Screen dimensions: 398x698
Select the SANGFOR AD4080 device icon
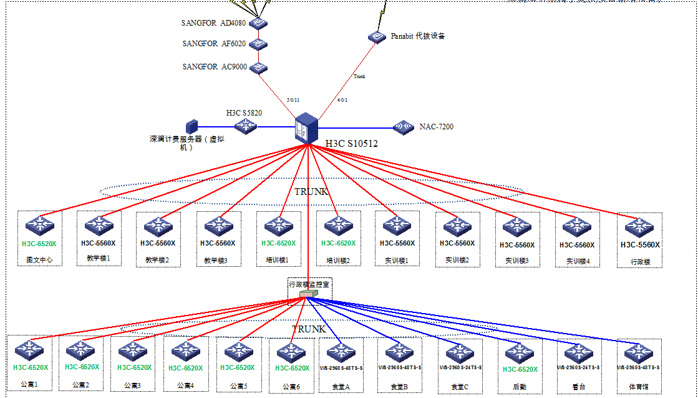[259, 24]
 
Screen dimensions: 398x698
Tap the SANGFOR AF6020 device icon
[259, 44]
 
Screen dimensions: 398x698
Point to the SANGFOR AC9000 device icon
[259, 67]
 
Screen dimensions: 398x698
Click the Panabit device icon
[377, 37]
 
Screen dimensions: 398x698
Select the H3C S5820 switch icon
[246, 126]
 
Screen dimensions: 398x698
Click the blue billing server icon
[191, 127]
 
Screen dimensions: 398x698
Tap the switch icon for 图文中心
[40, 225]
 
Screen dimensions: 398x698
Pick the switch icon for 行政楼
[639, 226]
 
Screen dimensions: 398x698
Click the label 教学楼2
[157, 260]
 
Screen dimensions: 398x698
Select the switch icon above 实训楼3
[517, 226]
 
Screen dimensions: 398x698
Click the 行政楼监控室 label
[309, 284]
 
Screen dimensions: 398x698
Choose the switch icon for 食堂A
[341, 352]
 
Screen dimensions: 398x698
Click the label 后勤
[519, 387]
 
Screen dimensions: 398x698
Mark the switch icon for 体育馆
[639, 352]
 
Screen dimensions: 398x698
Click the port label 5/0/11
[293, 100]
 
